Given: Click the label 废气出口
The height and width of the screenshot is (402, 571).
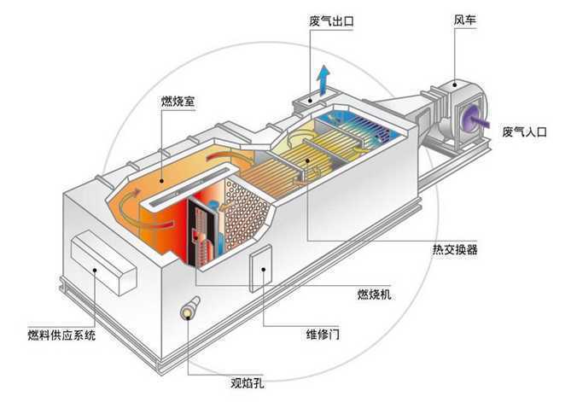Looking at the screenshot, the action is pos(331,20).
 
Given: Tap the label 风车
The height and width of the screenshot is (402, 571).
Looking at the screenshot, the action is pos(464,20).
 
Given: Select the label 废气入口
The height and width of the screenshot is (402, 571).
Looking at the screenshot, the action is pos(524,131).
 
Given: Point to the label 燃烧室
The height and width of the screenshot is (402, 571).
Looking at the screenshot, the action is pos(178,101).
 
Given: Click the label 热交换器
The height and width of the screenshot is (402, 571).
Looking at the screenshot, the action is pos(455,249).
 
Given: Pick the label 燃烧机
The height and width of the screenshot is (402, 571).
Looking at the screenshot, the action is pos(374,294).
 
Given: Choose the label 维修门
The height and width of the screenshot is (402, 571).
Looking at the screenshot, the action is pos(323,334).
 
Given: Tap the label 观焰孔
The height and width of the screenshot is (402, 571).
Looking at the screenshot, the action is pos(248,382).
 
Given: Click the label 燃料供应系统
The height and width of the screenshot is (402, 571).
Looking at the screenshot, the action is pos(62,335).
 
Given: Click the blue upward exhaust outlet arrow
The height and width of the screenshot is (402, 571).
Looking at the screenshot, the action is pos(323,80).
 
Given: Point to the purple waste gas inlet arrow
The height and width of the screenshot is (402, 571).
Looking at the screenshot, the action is pos(478,120).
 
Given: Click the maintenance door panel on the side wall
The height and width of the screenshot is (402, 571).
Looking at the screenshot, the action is pos(261,268).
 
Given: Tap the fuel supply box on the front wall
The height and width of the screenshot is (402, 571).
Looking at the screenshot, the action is pos(104,261).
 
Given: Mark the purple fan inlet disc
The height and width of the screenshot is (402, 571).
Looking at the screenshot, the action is pos(469,117).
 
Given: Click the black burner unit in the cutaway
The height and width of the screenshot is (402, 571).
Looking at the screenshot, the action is pos(203,233).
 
